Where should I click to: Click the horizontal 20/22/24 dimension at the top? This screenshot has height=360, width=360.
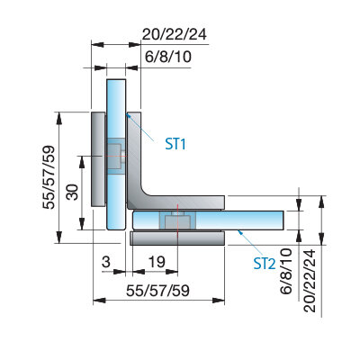175,34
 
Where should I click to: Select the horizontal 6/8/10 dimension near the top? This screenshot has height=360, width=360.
168,57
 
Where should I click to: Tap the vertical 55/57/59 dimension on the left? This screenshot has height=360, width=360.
49,177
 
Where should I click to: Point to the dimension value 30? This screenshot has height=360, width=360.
72,192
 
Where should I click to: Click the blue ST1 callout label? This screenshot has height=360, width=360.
175,144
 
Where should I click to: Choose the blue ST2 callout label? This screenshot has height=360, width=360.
265,264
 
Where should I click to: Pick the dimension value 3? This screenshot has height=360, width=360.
106,262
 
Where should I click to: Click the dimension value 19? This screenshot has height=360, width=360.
157,262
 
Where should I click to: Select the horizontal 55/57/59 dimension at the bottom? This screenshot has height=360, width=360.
158,291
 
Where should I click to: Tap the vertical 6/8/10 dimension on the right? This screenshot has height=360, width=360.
286,271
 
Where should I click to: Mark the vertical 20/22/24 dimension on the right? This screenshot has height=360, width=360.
310,281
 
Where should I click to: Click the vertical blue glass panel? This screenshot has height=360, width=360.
116,155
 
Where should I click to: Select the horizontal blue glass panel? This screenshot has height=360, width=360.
208,220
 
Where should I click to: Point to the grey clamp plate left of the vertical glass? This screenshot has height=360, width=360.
98,159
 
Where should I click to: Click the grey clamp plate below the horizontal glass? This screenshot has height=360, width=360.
177,238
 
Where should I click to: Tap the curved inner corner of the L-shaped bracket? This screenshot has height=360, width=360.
146,191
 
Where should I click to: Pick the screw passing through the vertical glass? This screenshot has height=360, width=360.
116,157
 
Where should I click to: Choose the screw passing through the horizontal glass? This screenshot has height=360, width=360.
178,221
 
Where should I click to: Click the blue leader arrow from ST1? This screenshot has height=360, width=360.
140,128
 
